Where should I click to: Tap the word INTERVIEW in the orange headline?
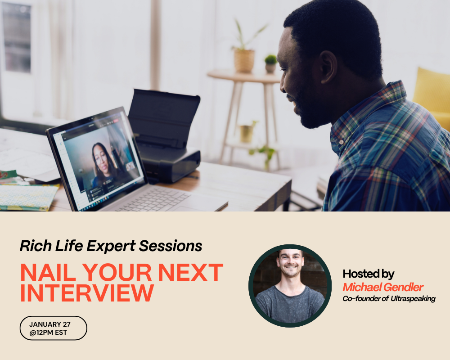(87, 293)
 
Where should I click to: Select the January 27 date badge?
(53, 328)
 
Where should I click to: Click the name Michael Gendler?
(383, 287)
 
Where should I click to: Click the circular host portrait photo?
(290, 286)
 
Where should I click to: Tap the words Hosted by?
(369, 274)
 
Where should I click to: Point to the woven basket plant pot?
(244, 61)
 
